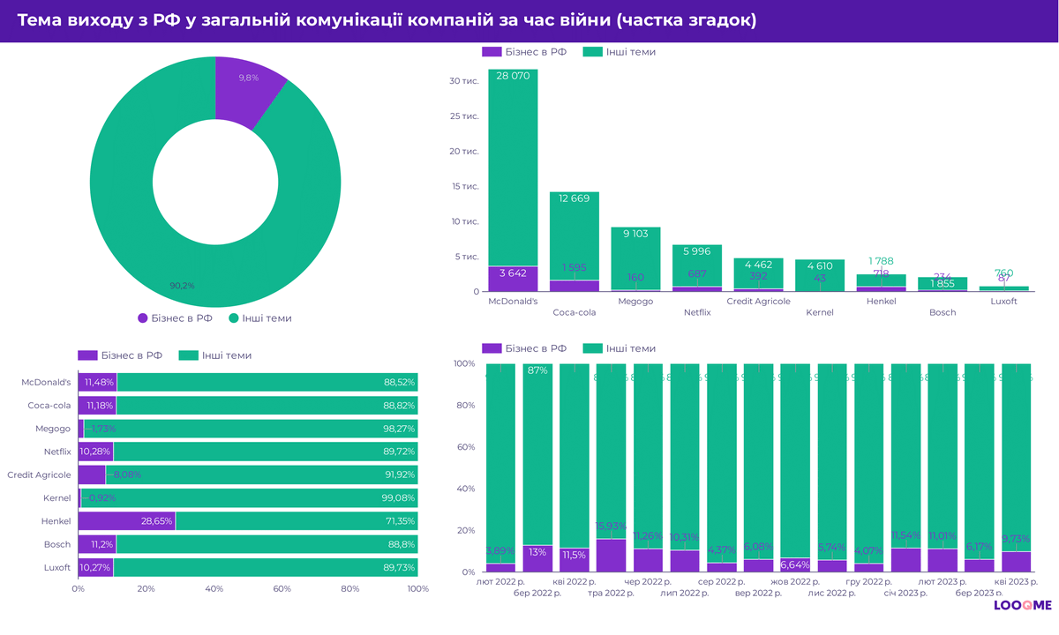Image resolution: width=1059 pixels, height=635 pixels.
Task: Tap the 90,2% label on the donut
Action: click(182, 286)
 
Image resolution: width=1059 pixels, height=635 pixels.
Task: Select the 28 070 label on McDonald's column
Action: click(513, 77)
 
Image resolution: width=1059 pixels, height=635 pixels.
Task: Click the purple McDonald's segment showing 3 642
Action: click(513, 278)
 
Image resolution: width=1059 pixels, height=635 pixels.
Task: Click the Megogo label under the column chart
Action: click(635, 301)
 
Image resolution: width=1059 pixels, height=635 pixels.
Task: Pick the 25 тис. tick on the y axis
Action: click(464, 116)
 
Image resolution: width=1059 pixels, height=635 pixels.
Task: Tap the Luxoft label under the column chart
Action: click(1003, 301)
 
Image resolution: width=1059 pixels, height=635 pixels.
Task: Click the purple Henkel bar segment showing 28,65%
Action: click(126, 521)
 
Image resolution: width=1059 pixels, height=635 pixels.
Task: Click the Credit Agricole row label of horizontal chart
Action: click(39, 474)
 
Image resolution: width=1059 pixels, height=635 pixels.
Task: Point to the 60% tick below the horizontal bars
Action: click(282, 589)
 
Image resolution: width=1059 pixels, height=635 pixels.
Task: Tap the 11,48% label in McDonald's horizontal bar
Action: click(98, 383)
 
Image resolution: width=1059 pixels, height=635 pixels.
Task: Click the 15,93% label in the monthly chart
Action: click(611, 527)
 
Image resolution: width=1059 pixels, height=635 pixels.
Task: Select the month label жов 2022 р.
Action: click(795, 582)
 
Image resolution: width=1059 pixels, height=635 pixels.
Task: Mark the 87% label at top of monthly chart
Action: click(537, 370)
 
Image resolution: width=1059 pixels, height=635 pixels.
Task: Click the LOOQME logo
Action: click(1022, 605)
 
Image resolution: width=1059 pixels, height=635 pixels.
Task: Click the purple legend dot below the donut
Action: click(143, 317)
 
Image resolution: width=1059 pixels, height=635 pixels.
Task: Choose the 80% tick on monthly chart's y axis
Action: click(465, 406)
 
